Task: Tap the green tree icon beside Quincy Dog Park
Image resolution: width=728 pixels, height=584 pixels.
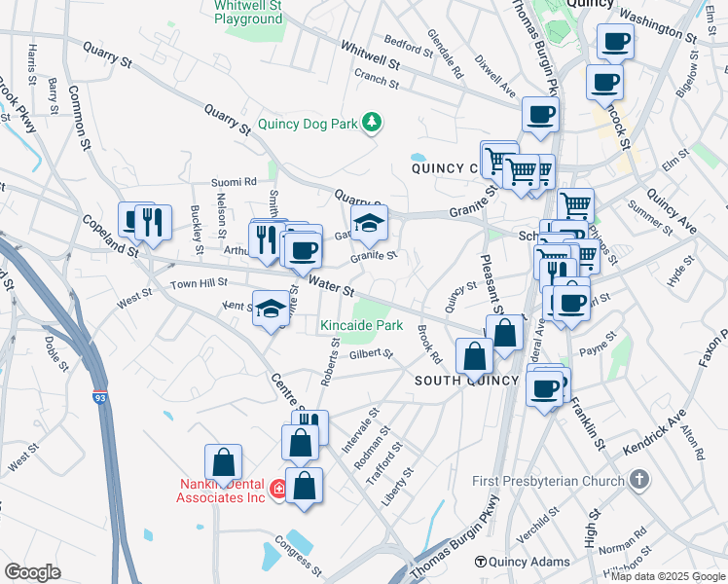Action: point(371,123)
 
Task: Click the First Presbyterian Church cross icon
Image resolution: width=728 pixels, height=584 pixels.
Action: point(638,480)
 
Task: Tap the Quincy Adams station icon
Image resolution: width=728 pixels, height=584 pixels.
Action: point(481,562)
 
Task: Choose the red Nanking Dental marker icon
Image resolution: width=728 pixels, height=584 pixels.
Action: point(278,489)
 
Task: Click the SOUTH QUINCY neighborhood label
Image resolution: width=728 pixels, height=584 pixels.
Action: point(465,381)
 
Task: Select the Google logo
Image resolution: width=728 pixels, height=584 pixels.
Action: point(32,572)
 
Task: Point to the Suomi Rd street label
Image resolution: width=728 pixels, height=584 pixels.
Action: point(236,181)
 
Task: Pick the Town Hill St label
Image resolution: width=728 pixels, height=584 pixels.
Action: point(199,282)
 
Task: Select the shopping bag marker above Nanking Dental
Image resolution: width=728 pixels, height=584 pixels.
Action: point(223,462)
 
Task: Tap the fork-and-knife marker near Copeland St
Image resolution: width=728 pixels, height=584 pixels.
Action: point(152,221)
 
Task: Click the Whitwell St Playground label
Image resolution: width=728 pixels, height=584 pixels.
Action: point(248,12)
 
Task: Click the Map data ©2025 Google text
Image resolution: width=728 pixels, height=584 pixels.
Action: point(667,576)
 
